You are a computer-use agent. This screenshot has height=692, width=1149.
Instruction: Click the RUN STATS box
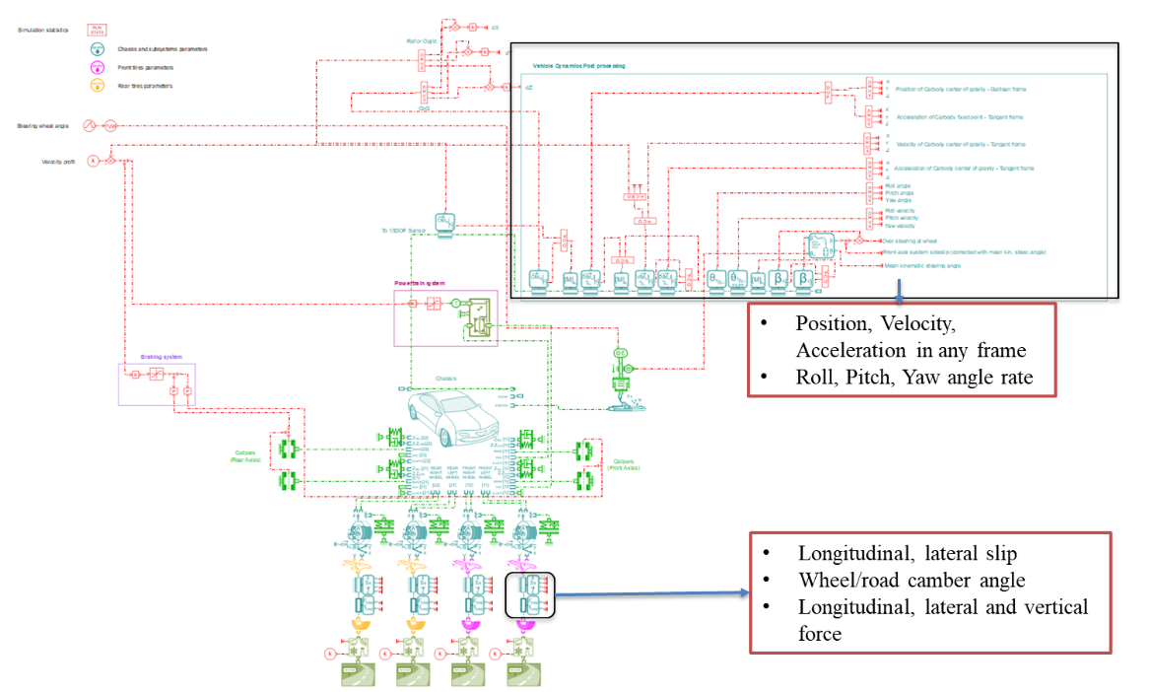coord(98,30)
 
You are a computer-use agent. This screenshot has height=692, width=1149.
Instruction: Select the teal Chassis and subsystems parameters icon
coord(98,49)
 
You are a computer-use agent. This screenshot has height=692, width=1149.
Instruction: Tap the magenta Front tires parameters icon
coord(98,68)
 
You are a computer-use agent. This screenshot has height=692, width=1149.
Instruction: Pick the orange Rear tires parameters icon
coord(98,87)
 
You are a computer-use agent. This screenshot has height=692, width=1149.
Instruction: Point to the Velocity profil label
coord(58,161)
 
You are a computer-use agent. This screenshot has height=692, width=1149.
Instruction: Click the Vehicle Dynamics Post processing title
coord(578,66)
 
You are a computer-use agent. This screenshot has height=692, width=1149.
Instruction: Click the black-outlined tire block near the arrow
coord(530,594)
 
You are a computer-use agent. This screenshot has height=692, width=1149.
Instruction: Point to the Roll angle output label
coord(897,185)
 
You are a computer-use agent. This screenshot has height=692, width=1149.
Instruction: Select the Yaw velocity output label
coord(901,226)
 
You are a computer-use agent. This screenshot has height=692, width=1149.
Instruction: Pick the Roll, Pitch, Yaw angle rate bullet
coord(912,376)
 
